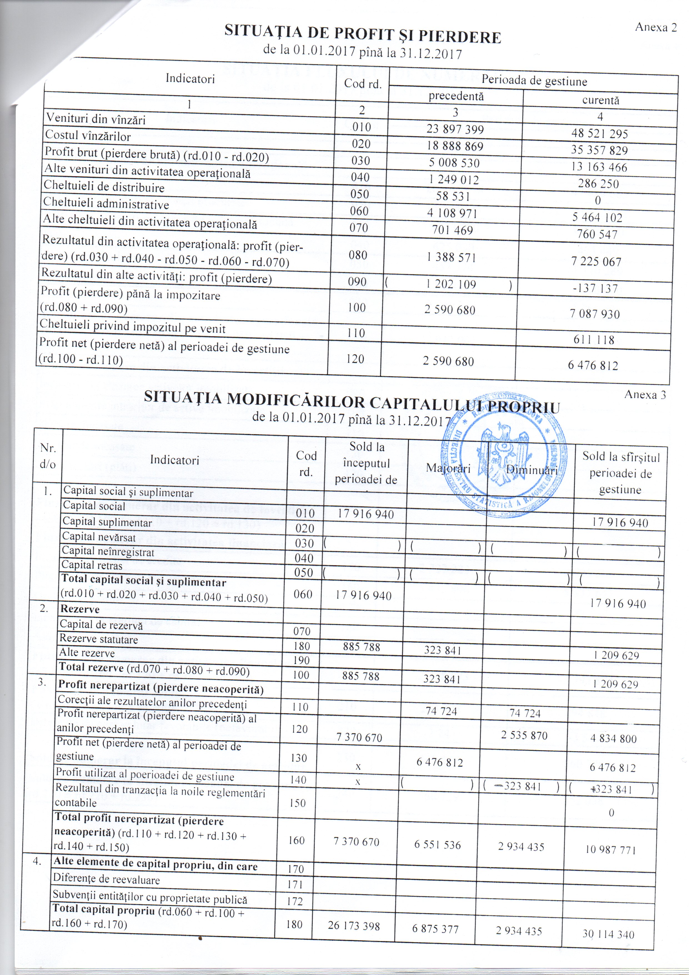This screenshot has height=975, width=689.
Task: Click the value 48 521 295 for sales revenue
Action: click(x=600, y=134)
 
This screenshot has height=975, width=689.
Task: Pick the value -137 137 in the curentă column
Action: click(x=597, y=289)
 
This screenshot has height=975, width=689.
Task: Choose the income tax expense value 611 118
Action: click(x=594, y=340)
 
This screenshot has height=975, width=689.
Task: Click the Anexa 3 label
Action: click(x=645, y=395)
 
